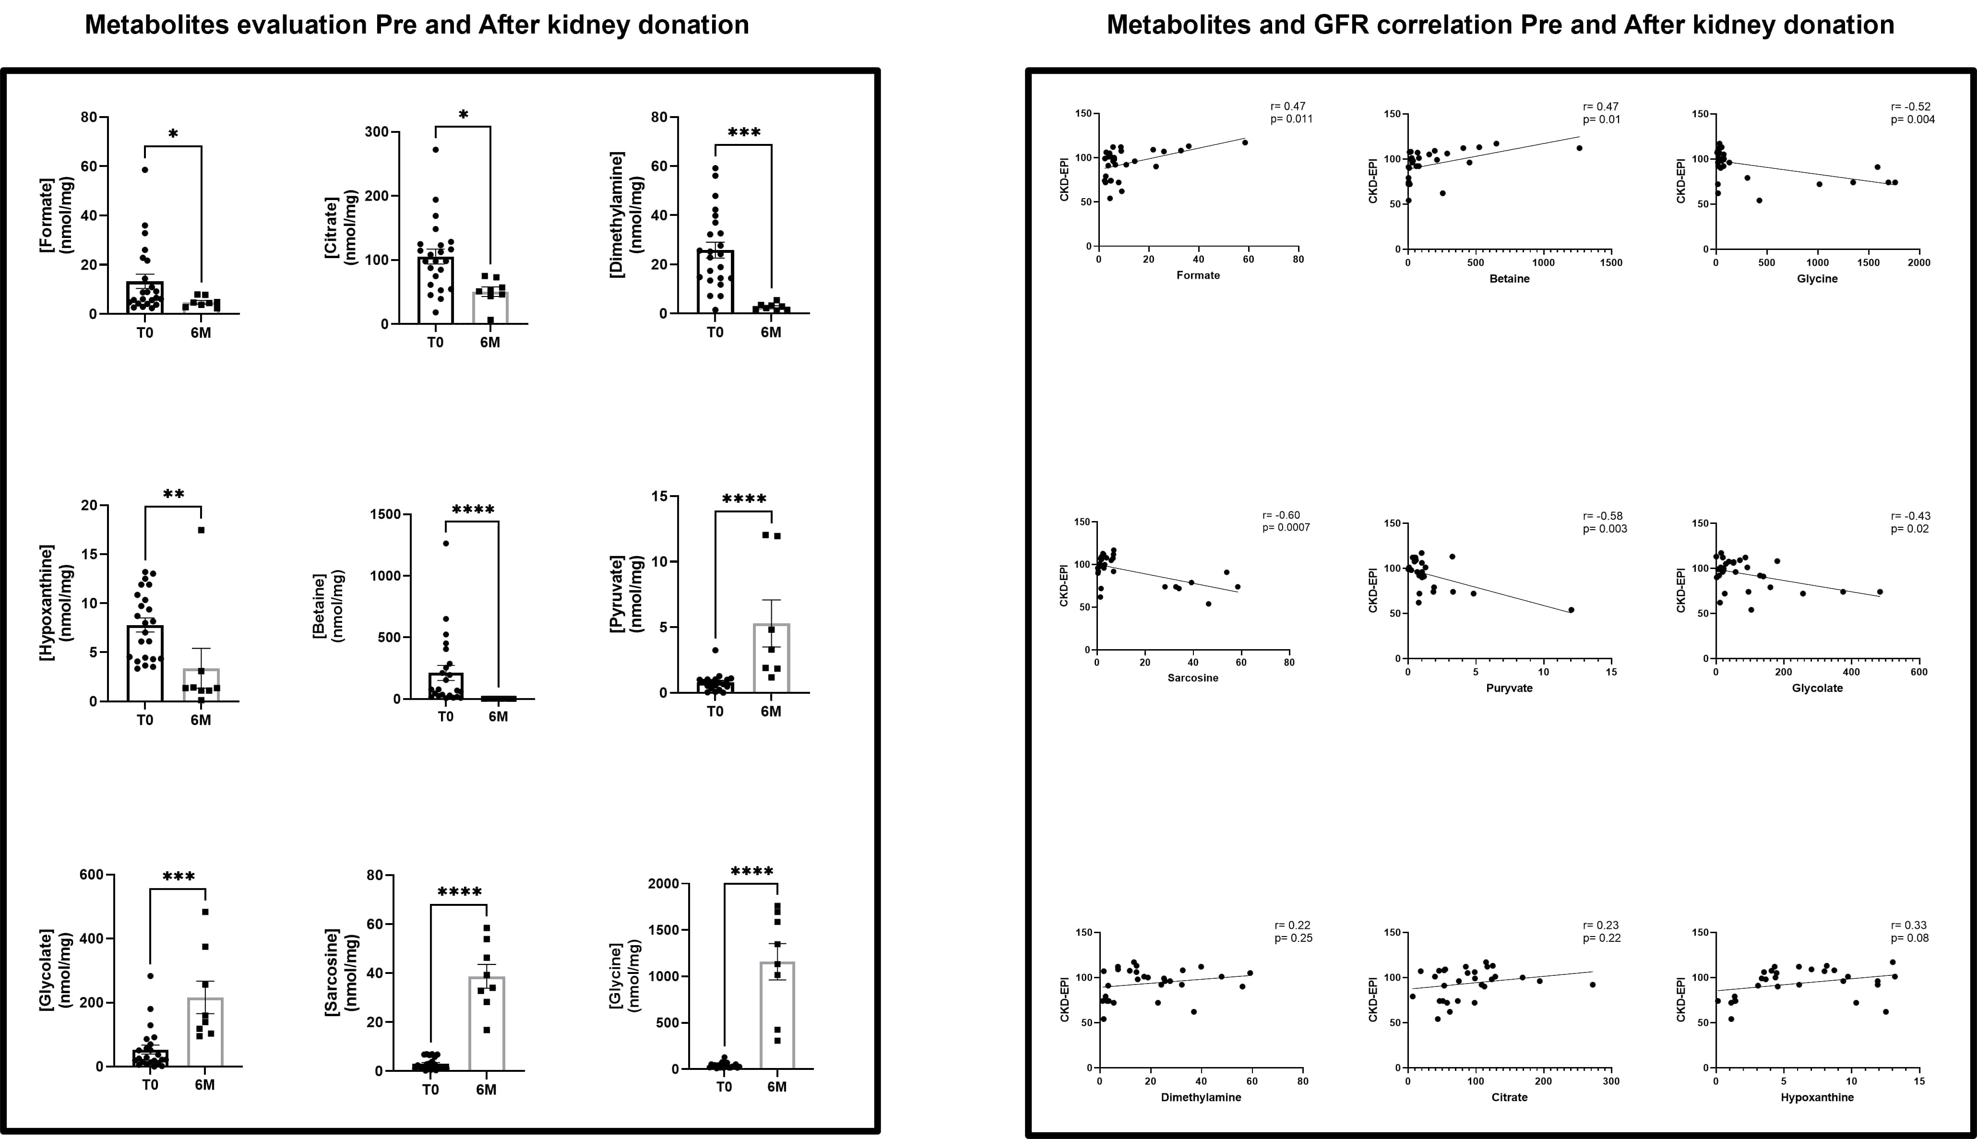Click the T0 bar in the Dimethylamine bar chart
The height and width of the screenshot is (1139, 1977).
715,282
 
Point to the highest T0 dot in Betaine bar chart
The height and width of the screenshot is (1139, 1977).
446,543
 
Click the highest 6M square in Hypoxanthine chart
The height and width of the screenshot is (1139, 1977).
201,530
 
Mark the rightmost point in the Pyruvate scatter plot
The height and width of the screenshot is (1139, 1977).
1571,609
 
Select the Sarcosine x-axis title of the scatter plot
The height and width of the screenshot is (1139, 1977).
1192,677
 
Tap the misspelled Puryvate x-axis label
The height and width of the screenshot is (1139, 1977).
1509,688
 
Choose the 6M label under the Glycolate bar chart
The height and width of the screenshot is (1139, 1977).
205,1085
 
